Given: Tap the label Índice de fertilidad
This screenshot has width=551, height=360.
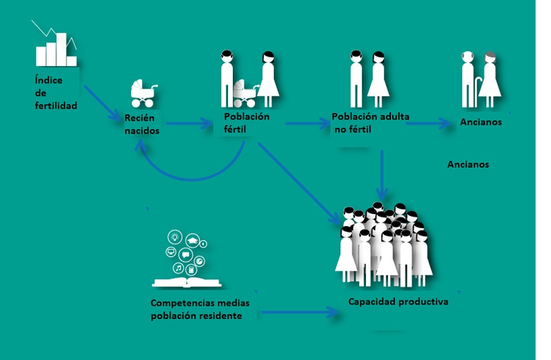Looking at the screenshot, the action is click(x=56, y=93).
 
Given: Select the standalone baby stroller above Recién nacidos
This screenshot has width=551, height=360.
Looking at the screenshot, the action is click(x=143, y=93).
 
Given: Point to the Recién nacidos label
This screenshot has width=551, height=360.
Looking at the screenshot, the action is click(x=142, y=124).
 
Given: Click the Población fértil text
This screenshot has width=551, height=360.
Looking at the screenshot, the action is click(x=247, y=123).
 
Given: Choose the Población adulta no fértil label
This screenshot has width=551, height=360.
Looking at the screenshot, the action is click(x=370, y=123).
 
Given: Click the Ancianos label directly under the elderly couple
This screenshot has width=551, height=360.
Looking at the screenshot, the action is click(x=481, y=122).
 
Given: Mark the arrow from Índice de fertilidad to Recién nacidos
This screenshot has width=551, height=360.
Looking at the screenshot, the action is click(x=103, y=103).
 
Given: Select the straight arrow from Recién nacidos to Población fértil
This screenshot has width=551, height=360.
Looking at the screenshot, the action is click(x=189, y=123).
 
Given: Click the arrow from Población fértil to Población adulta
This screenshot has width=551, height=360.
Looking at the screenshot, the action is click(x=308, y=123).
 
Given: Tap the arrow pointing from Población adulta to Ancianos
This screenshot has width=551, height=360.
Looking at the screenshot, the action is click(x=428, y=123).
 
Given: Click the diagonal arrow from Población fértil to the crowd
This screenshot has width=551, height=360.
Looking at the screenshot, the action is click(x=299, y=183).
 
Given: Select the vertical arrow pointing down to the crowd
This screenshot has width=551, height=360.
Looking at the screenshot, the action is click(x=382, y=175).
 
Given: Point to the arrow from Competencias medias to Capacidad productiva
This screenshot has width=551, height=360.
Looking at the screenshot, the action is click(x=300, y=312).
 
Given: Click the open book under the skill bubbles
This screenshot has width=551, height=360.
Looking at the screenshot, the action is click(x=186, y=282).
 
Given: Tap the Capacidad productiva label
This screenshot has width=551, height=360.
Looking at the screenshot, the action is click(x=398, y=302).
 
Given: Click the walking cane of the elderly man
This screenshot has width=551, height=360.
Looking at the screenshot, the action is click(x=478, y=92).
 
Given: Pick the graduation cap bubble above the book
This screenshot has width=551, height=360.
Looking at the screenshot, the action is click(x=193, y=241).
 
